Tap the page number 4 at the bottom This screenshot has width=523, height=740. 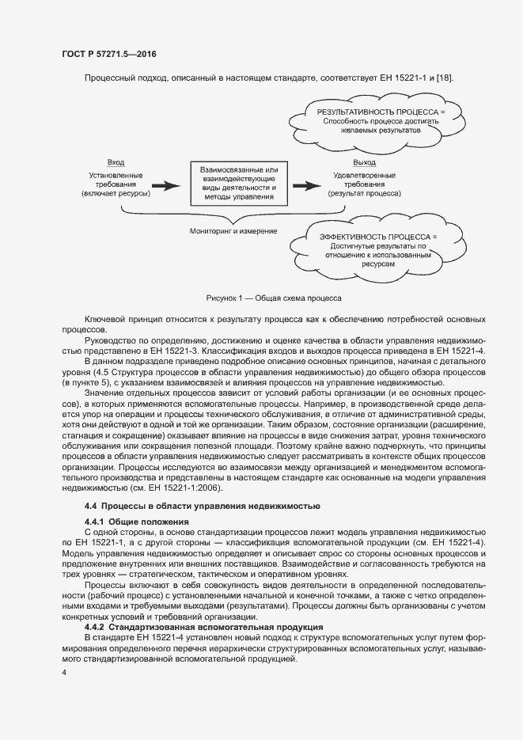pyautogui.click(x=63, y=672)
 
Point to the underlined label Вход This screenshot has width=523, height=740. pyautogui.click(x=116, y=162)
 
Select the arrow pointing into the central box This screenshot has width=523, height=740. pyautogui.click(x=166, y=186)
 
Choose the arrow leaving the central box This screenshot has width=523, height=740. pyautogui.click(x=307, y=186)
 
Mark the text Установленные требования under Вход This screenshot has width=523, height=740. pyautogui.click(x=116, y=179)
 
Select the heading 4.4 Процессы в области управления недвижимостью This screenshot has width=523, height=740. pyautogui.click(x=202, y=506)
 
